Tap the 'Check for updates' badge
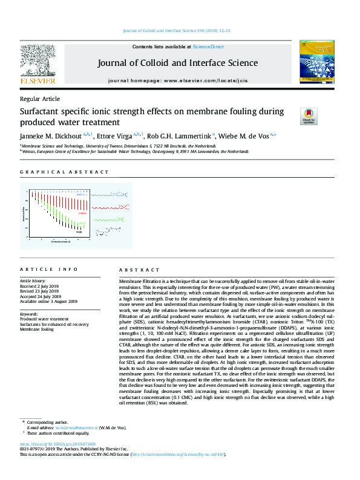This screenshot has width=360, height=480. click(x=309, y=115)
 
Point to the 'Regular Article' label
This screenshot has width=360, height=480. click(x=40, y=99)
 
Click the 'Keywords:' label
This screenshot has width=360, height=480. click(x=30, y=314)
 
